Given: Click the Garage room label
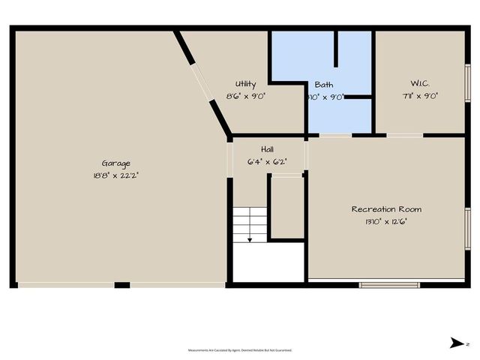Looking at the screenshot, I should [116, 163].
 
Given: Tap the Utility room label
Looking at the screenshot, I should [245, 84].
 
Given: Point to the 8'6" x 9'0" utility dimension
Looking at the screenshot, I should [245, 96].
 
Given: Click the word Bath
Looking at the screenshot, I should [324, 85].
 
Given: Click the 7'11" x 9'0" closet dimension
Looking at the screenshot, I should [420, 96].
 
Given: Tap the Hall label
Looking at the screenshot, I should [267, 149].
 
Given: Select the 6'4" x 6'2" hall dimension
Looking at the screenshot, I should [267, 161].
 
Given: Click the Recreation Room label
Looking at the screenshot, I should [387, 209].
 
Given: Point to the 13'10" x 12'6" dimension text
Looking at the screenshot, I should [387, 221].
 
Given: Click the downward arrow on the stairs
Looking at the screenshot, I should [250, 234].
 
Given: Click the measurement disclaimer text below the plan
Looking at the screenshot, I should [240, 350].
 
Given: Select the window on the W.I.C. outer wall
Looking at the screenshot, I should [468, 82].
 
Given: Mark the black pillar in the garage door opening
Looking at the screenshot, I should [121, 285].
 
